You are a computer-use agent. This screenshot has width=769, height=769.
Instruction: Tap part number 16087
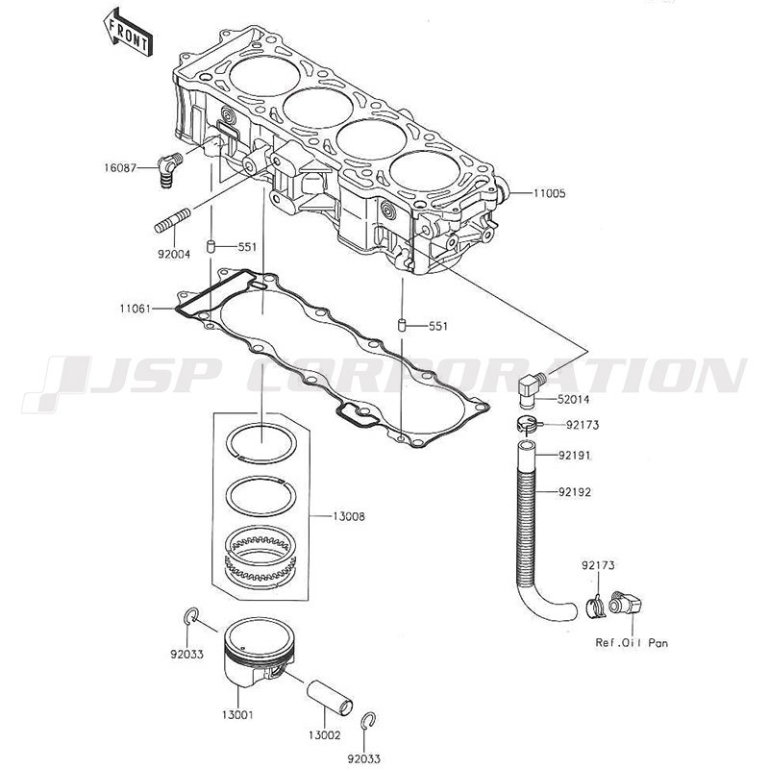(x=119, y=168)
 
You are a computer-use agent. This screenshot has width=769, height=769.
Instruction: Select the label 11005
(x=549, y=193)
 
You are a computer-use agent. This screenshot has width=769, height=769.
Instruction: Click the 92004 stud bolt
(x=173, y=221)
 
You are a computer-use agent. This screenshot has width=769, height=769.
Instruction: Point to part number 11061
(x=136, y=309)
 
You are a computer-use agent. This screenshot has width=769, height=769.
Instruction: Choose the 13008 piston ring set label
(x=349, y=516)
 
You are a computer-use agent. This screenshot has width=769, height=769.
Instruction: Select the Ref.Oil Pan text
(x=632, y=642)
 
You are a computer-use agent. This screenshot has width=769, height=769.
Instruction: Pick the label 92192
(x=574, y=491)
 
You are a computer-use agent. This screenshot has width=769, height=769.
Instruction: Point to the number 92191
(x=574, y=456)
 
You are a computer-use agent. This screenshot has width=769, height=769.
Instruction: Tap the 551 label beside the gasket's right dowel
(x=438, y=326)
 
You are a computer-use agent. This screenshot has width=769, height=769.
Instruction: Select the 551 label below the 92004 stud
(x=247, y=247)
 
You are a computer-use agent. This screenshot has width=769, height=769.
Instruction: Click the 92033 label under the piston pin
(x=364, y=758)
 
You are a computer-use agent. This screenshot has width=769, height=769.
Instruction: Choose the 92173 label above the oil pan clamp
(x=598, y=565)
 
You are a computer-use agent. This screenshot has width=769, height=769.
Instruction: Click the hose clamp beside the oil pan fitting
(x=595, y=608)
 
